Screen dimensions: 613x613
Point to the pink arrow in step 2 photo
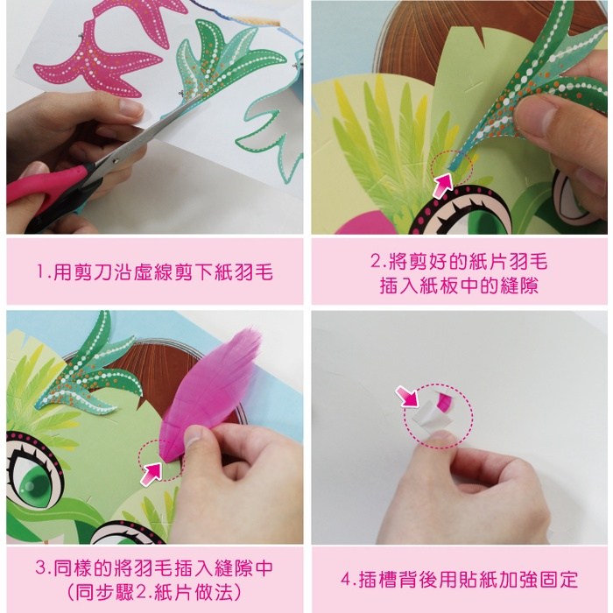coord(442,186)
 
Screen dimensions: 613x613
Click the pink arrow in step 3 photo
coord(151,474)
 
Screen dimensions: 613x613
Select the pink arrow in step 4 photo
coord(406,397)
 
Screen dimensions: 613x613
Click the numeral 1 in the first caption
coord(40,271)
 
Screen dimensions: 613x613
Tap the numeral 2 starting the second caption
coord(376,261)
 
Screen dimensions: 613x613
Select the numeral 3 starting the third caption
coord(41,567)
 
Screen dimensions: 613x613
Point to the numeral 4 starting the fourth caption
coord(347,580)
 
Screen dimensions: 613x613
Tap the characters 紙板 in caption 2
coord(439,285)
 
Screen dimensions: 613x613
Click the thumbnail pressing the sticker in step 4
coord(440,437)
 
